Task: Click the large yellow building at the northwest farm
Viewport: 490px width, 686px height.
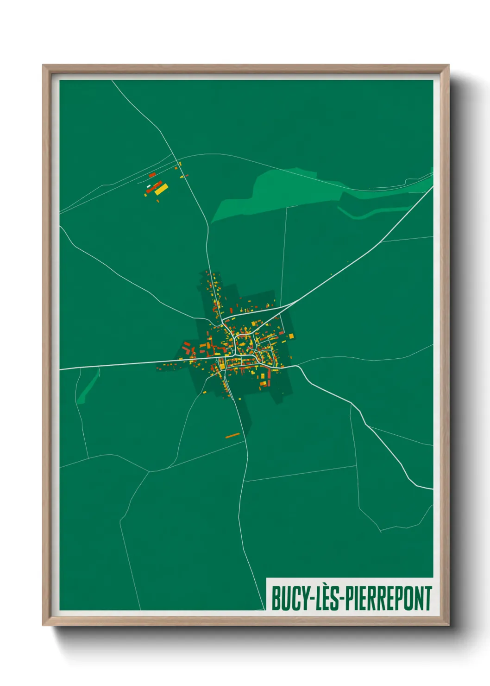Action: tap(161, 189)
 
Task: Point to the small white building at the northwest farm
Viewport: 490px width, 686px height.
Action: tap(149, 186)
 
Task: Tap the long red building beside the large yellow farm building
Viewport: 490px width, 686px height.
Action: tap(154, 187)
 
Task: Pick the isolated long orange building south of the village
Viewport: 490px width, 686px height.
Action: tap(232, 435)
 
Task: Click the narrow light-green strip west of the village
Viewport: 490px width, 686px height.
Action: tap(88, 387)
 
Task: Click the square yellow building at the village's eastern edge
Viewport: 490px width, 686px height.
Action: tap(290, 336)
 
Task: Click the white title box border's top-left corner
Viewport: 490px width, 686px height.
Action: tap(267, 578)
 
